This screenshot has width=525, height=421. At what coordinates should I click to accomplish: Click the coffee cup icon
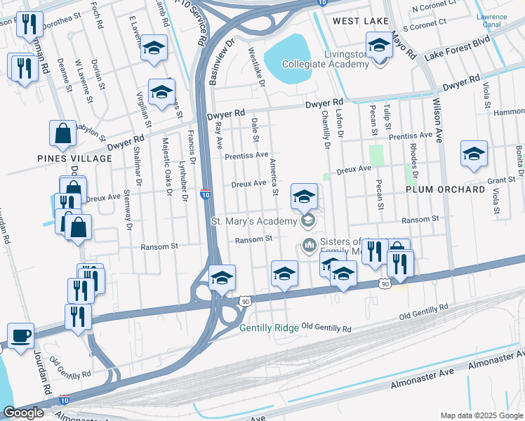(20, 335)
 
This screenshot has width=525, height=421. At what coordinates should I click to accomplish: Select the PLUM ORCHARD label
(445, 189)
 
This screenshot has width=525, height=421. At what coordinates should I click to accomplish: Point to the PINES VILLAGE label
(75, 159)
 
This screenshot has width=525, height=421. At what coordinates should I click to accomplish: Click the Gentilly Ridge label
(269, 328)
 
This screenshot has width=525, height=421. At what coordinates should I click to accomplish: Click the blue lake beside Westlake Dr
(288, 53)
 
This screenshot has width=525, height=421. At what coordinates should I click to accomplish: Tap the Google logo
(23, 413)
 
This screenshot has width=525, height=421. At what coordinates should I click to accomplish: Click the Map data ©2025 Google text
(481, 415)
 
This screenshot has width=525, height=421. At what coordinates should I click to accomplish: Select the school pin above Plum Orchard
(474, 154)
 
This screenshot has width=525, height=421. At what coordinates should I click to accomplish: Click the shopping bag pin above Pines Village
(62, 133)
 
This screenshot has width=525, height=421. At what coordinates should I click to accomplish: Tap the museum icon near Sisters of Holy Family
(307, 245)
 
